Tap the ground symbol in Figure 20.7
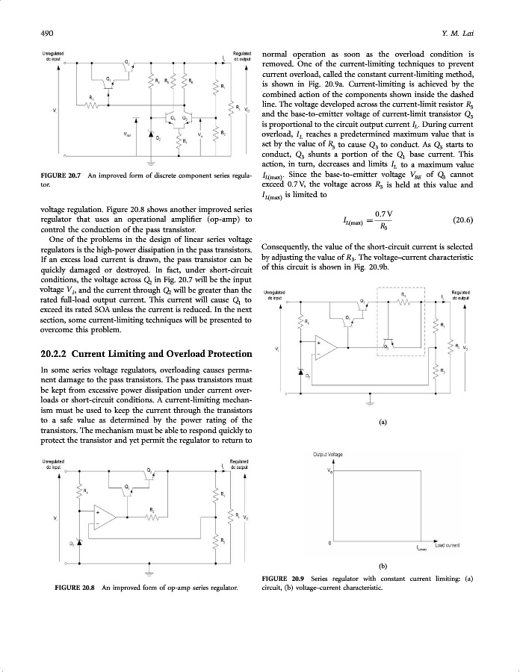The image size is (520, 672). [x=150, y=162]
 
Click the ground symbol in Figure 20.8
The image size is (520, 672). [x=149, y=572]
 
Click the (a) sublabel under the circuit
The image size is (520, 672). [x=383, y=422]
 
